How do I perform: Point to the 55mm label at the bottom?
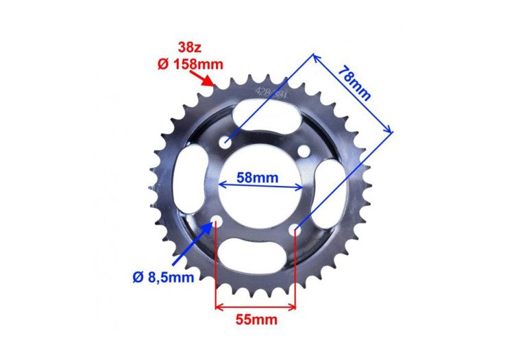click(254, 320)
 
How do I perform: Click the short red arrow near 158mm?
click(206, 80)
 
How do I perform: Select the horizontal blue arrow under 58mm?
click(260, 186)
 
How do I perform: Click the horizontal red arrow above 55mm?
click(256, 307)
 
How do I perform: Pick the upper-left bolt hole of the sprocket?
click(225, 143)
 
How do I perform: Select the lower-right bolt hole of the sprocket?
click(295, 228)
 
